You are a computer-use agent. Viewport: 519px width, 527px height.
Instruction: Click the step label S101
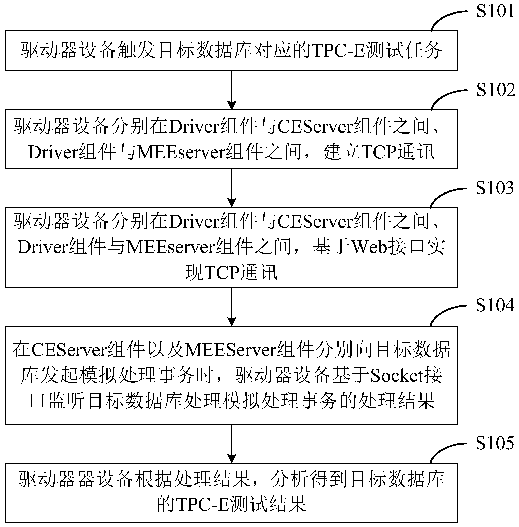point(496,11)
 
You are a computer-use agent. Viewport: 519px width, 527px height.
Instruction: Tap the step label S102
point(496,90)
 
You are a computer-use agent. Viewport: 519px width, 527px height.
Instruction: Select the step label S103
point(495,188)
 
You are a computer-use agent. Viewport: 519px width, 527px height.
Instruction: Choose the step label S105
point(495,443)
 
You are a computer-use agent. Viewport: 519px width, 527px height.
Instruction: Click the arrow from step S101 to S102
point(232,90)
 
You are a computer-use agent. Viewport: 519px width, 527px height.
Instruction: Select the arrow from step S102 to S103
point(232,188)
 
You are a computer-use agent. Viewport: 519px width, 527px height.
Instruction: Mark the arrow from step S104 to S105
point(232,443)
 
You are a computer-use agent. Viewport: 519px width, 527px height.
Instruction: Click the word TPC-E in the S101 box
point(337,51)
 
